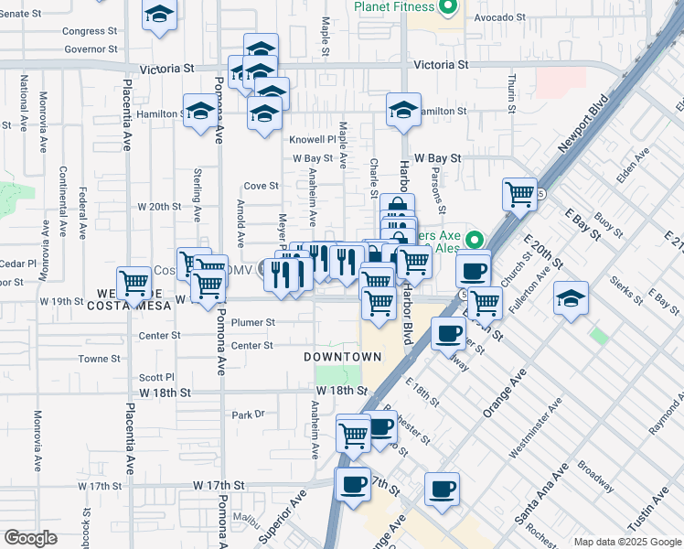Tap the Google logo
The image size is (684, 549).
click(30, 538)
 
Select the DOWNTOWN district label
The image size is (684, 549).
click(343, 356)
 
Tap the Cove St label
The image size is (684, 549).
click(261, 186)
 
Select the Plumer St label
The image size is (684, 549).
click(253, 322)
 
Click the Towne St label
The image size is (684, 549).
click(93, 360)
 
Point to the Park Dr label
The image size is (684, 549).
click(248, 414)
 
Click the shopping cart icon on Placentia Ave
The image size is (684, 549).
click(134, 283)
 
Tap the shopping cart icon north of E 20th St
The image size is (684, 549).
click(519, 194)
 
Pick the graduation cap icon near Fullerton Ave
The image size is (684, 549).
click(571, 298)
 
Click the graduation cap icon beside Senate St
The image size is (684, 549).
click(159, 16)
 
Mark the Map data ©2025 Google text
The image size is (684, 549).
click(626, 541)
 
